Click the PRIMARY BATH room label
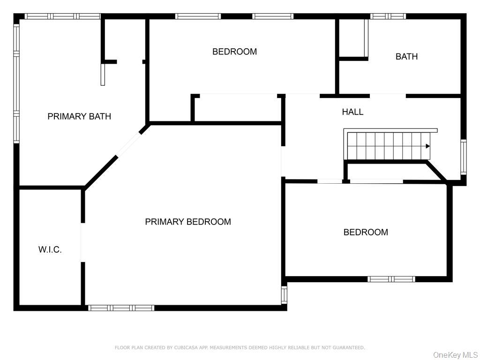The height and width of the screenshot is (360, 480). point(79,116)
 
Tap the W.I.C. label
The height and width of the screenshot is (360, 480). point(50,250)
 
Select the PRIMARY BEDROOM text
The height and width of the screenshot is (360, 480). point(188,222)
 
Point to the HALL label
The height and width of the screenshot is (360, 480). point(352,112)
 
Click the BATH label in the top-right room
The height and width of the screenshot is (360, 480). point(406,57)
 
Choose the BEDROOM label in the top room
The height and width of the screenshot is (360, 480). point(234,52)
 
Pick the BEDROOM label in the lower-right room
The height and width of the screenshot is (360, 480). point(366,232)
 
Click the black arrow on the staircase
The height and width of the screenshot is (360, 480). point(427,146)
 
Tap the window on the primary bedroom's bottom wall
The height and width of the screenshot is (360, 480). point(121,308)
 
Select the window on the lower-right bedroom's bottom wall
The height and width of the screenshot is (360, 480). point(391,279)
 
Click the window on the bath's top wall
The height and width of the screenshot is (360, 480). point(388,16)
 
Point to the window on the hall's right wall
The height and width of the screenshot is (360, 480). point(463,157)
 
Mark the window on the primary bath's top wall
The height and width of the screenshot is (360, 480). point(62,16)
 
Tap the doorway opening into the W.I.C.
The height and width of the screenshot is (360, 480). point(83,242)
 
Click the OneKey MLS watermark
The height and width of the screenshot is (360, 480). point(455,355)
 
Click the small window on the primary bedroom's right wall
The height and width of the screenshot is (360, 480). point(284,295)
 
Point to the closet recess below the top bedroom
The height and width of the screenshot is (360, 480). point(238,108)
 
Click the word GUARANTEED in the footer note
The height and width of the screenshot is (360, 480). point(348,348)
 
